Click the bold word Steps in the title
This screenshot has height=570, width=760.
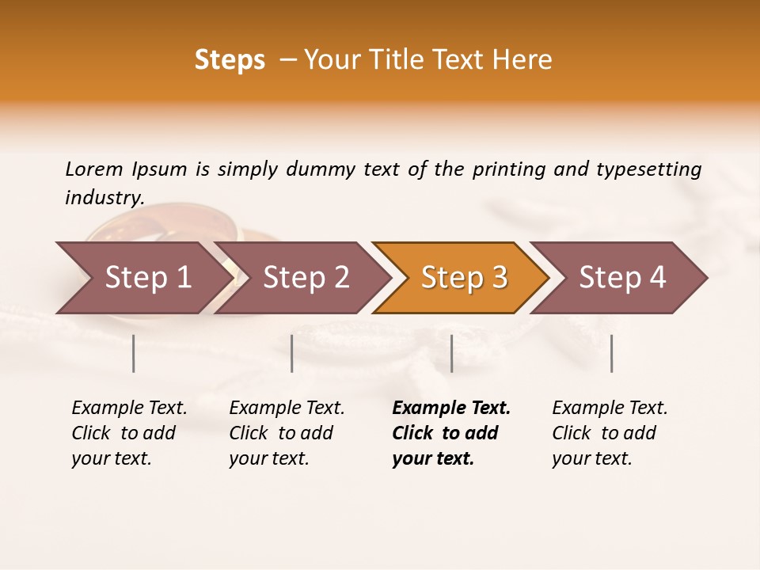point(230,60)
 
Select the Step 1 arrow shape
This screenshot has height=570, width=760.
point(142,277)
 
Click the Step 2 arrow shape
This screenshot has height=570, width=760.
point(306,277)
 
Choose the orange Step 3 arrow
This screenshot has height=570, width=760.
point(464,277)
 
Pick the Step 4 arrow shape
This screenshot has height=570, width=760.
point(622,277)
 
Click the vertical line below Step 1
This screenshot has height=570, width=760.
point(134,353)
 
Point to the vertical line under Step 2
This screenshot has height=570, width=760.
point(292,353)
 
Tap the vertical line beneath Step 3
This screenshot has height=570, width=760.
point(451,353)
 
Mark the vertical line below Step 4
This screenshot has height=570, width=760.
point(611,353)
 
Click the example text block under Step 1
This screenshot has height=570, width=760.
point(129,433)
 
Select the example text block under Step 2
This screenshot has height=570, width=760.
point(287,433)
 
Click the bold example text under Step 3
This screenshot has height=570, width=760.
point(450,433)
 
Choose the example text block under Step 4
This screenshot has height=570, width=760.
point(610,433)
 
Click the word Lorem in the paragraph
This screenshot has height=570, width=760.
point(94,169)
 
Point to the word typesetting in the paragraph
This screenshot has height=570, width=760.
point(648,169)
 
